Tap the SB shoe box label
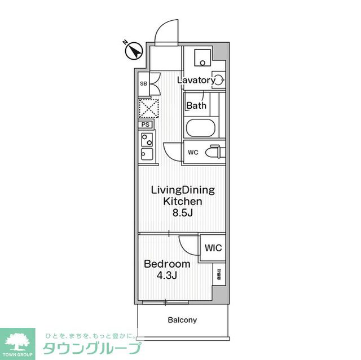pyautogui.click(x=143, y=83)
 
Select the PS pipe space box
pyautogui.click(x=145, y=125)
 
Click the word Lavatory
pyautogui.click(x=196, y=80)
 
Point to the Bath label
pyautogui.click(x=196, y=105)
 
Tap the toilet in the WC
pyautogui.click(x=214, y=152)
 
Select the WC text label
pyautogui.click(x=192, y=152)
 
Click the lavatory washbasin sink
pyautogui.click(x=218, y=79)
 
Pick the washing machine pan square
pyautogui.click(x=201, y=59)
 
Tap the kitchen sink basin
pyautogui.click(x=146, y=154)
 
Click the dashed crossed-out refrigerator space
pyautogui.click(x=148, y=108)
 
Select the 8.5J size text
pyautogui.click(x=183, y=214)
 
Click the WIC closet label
pyautogui.click(x=213, y=248)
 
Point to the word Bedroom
pyautogui.click(x=166, y=264)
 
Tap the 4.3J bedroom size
pyautogui.click(x=168, y=275)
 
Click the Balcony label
pyautogui.click(x=182, y=320)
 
